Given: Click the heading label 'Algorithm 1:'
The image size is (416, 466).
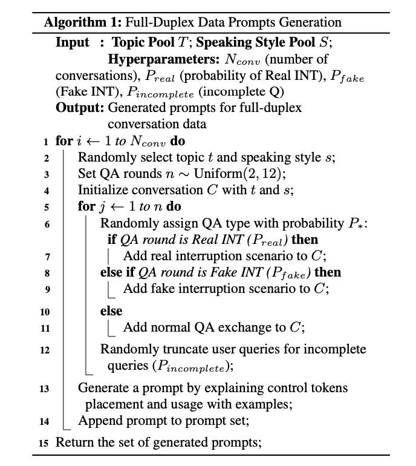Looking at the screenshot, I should tap(83, 23).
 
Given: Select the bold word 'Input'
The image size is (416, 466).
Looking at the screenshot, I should tap(72, 43).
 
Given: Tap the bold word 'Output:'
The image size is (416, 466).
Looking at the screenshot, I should tap(80, 108).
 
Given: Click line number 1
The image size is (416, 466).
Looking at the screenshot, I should tap(46, 142).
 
